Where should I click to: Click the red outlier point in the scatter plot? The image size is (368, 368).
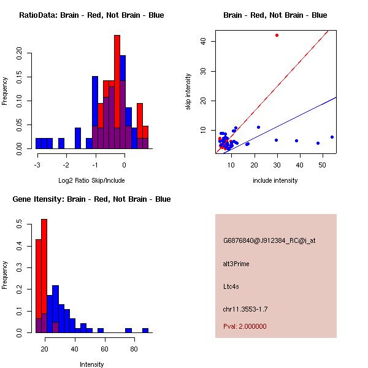[277, 36]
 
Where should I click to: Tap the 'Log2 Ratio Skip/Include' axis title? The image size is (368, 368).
[91, 180]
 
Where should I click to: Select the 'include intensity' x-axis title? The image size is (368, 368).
[275, 180]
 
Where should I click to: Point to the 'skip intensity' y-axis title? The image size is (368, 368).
[188, 92]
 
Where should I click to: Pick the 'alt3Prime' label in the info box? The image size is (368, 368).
[236, 264]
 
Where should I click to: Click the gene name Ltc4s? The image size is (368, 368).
[231, 286]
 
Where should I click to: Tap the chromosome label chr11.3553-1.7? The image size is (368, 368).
[245, 309]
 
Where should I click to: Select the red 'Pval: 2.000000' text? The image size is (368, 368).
[245, 326]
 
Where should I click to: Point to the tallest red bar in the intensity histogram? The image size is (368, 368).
[44, 276]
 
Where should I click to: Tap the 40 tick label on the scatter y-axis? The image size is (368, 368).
[203, 41]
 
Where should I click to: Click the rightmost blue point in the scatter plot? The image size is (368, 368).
[332, 137]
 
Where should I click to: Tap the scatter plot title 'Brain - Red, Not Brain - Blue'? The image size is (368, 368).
[275, 15]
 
